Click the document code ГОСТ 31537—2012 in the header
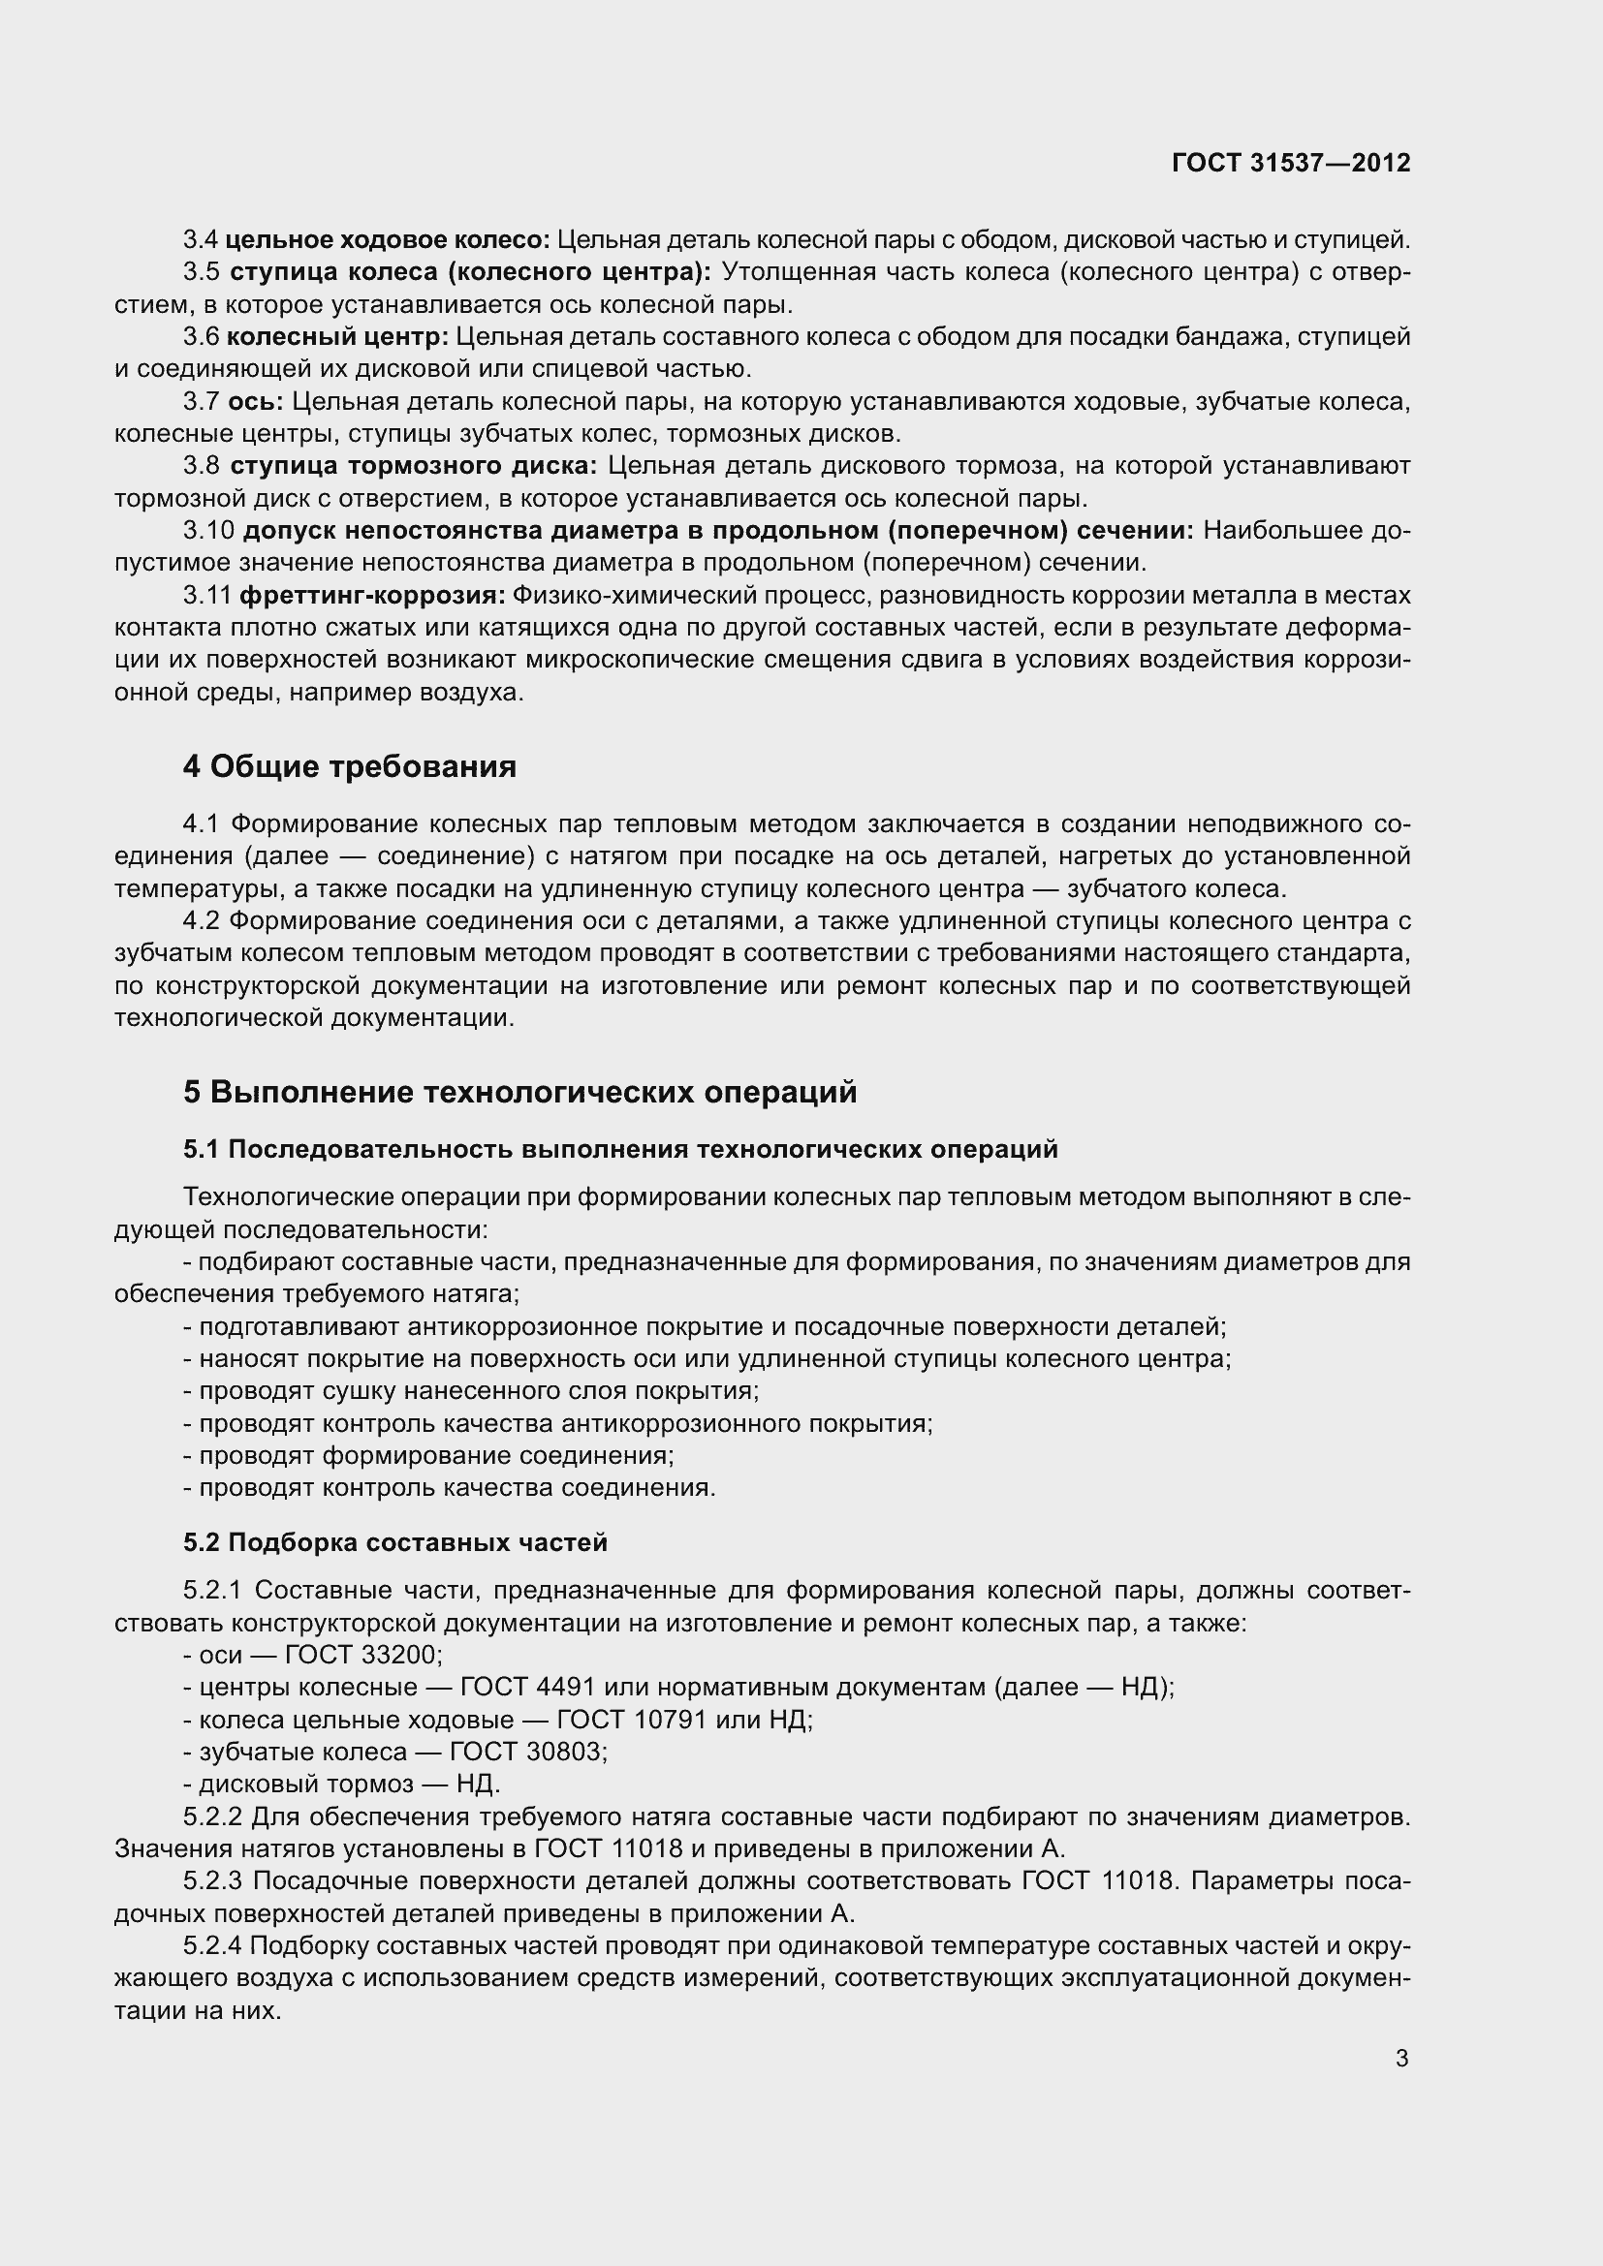(x=1291, y=163)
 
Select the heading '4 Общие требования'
(x=350, y=767)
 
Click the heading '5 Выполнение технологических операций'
(x=519, y=1093)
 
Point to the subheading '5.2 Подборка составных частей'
(x=394, y=1542)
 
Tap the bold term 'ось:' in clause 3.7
(x=256, y=402)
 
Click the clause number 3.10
(x=208, y=531)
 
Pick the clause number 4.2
(x=203, y=921)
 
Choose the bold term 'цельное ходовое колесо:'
(x=388, y=240)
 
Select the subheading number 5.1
(x=203, y=1150)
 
